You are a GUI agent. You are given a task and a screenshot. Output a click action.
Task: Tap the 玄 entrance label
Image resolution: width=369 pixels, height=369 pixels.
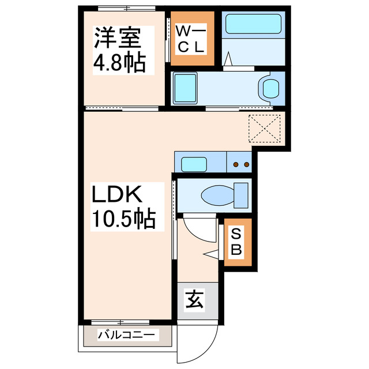pyautogui.click(x=194, y=301)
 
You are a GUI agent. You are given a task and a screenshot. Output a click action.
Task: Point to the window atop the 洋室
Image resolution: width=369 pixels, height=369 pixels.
pyautogui.click(x=126, y=8)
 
